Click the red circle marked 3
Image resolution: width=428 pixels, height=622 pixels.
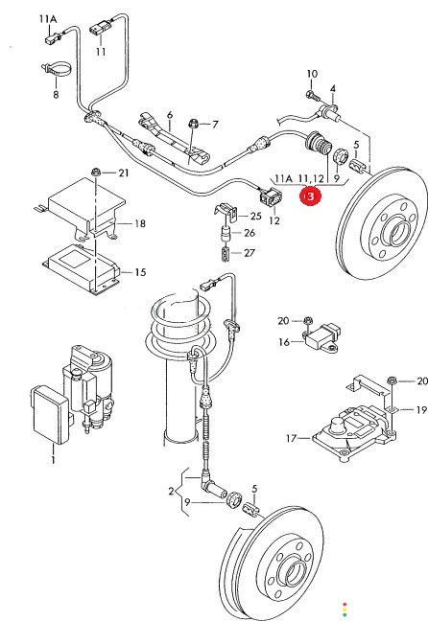click(310, 196)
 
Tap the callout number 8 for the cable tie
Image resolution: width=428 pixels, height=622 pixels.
click(56, 95)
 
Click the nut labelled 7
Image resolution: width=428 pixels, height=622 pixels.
click(195, 124)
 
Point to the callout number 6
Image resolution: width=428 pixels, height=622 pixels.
click(170, 115)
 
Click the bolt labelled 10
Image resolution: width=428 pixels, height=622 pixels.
click(311, 95)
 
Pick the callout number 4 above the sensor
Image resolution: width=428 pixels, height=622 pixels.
click(332, 88)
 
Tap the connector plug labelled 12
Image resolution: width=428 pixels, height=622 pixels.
click(271, 197)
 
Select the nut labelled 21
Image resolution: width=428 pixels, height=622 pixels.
click(96, 173)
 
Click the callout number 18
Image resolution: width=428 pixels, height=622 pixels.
click(140, 223)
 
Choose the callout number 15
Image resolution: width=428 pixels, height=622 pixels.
click(140, 272)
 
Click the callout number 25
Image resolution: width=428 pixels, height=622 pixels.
click(255, 216)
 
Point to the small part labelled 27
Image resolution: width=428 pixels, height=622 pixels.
click(226, 254)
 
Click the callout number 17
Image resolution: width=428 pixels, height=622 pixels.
click(291, 438)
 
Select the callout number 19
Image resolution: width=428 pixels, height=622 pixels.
click(421, 409)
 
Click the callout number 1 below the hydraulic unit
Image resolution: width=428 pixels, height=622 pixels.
click(53, 460)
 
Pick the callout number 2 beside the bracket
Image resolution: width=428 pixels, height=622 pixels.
click(171, 491)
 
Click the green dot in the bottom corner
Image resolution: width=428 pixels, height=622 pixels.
click(345, 614)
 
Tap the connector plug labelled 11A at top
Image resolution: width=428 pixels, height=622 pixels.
click(50, 39)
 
